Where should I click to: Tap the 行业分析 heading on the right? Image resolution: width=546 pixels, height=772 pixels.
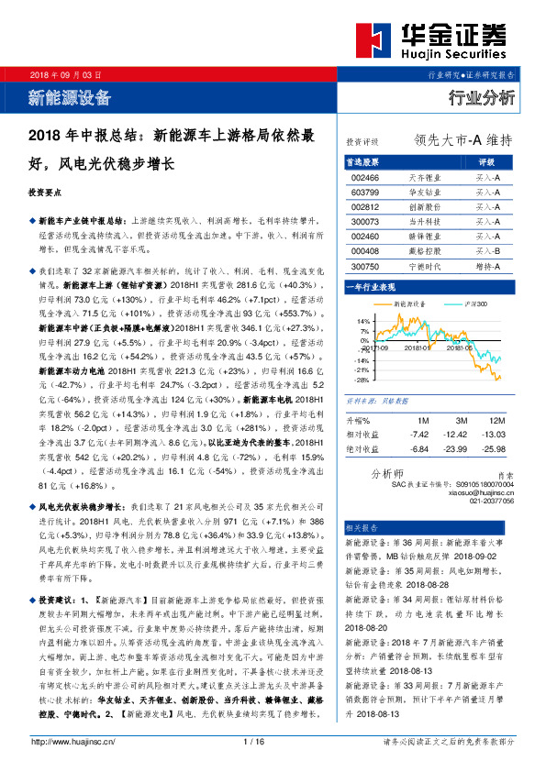(481, 97)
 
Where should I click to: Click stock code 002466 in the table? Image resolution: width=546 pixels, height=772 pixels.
(364, 177)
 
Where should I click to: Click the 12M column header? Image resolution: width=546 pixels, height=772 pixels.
(499, 420)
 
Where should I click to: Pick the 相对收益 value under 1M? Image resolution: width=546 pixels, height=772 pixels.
(419, 434)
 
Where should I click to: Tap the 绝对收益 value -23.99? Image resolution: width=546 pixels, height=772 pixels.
(459, 448)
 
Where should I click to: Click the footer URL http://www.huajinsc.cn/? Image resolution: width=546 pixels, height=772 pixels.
(72, 741)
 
